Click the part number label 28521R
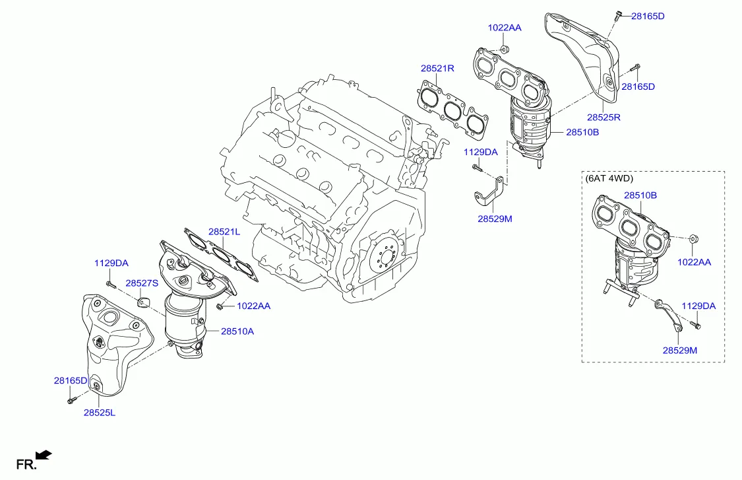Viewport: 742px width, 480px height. (438, 68)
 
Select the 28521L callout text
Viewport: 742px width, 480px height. (224, 232)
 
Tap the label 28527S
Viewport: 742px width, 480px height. (142, 283)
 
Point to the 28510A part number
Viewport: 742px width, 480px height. (237, 331)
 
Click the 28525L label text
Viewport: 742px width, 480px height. (100, 413)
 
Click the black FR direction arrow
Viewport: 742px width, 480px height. (44, 454)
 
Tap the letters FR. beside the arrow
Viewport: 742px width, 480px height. (25, 465)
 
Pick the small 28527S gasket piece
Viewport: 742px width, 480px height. (144, 303)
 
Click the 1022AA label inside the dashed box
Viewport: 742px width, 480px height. (695, 262)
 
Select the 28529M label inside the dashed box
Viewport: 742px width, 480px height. (679, 350)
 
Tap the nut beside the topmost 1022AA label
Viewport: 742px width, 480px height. (505, 50)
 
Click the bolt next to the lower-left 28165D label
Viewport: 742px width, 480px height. (70, 399)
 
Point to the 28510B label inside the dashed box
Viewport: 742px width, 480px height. (640, 195)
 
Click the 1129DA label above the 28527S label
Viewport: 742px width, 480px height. (111, 263)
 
